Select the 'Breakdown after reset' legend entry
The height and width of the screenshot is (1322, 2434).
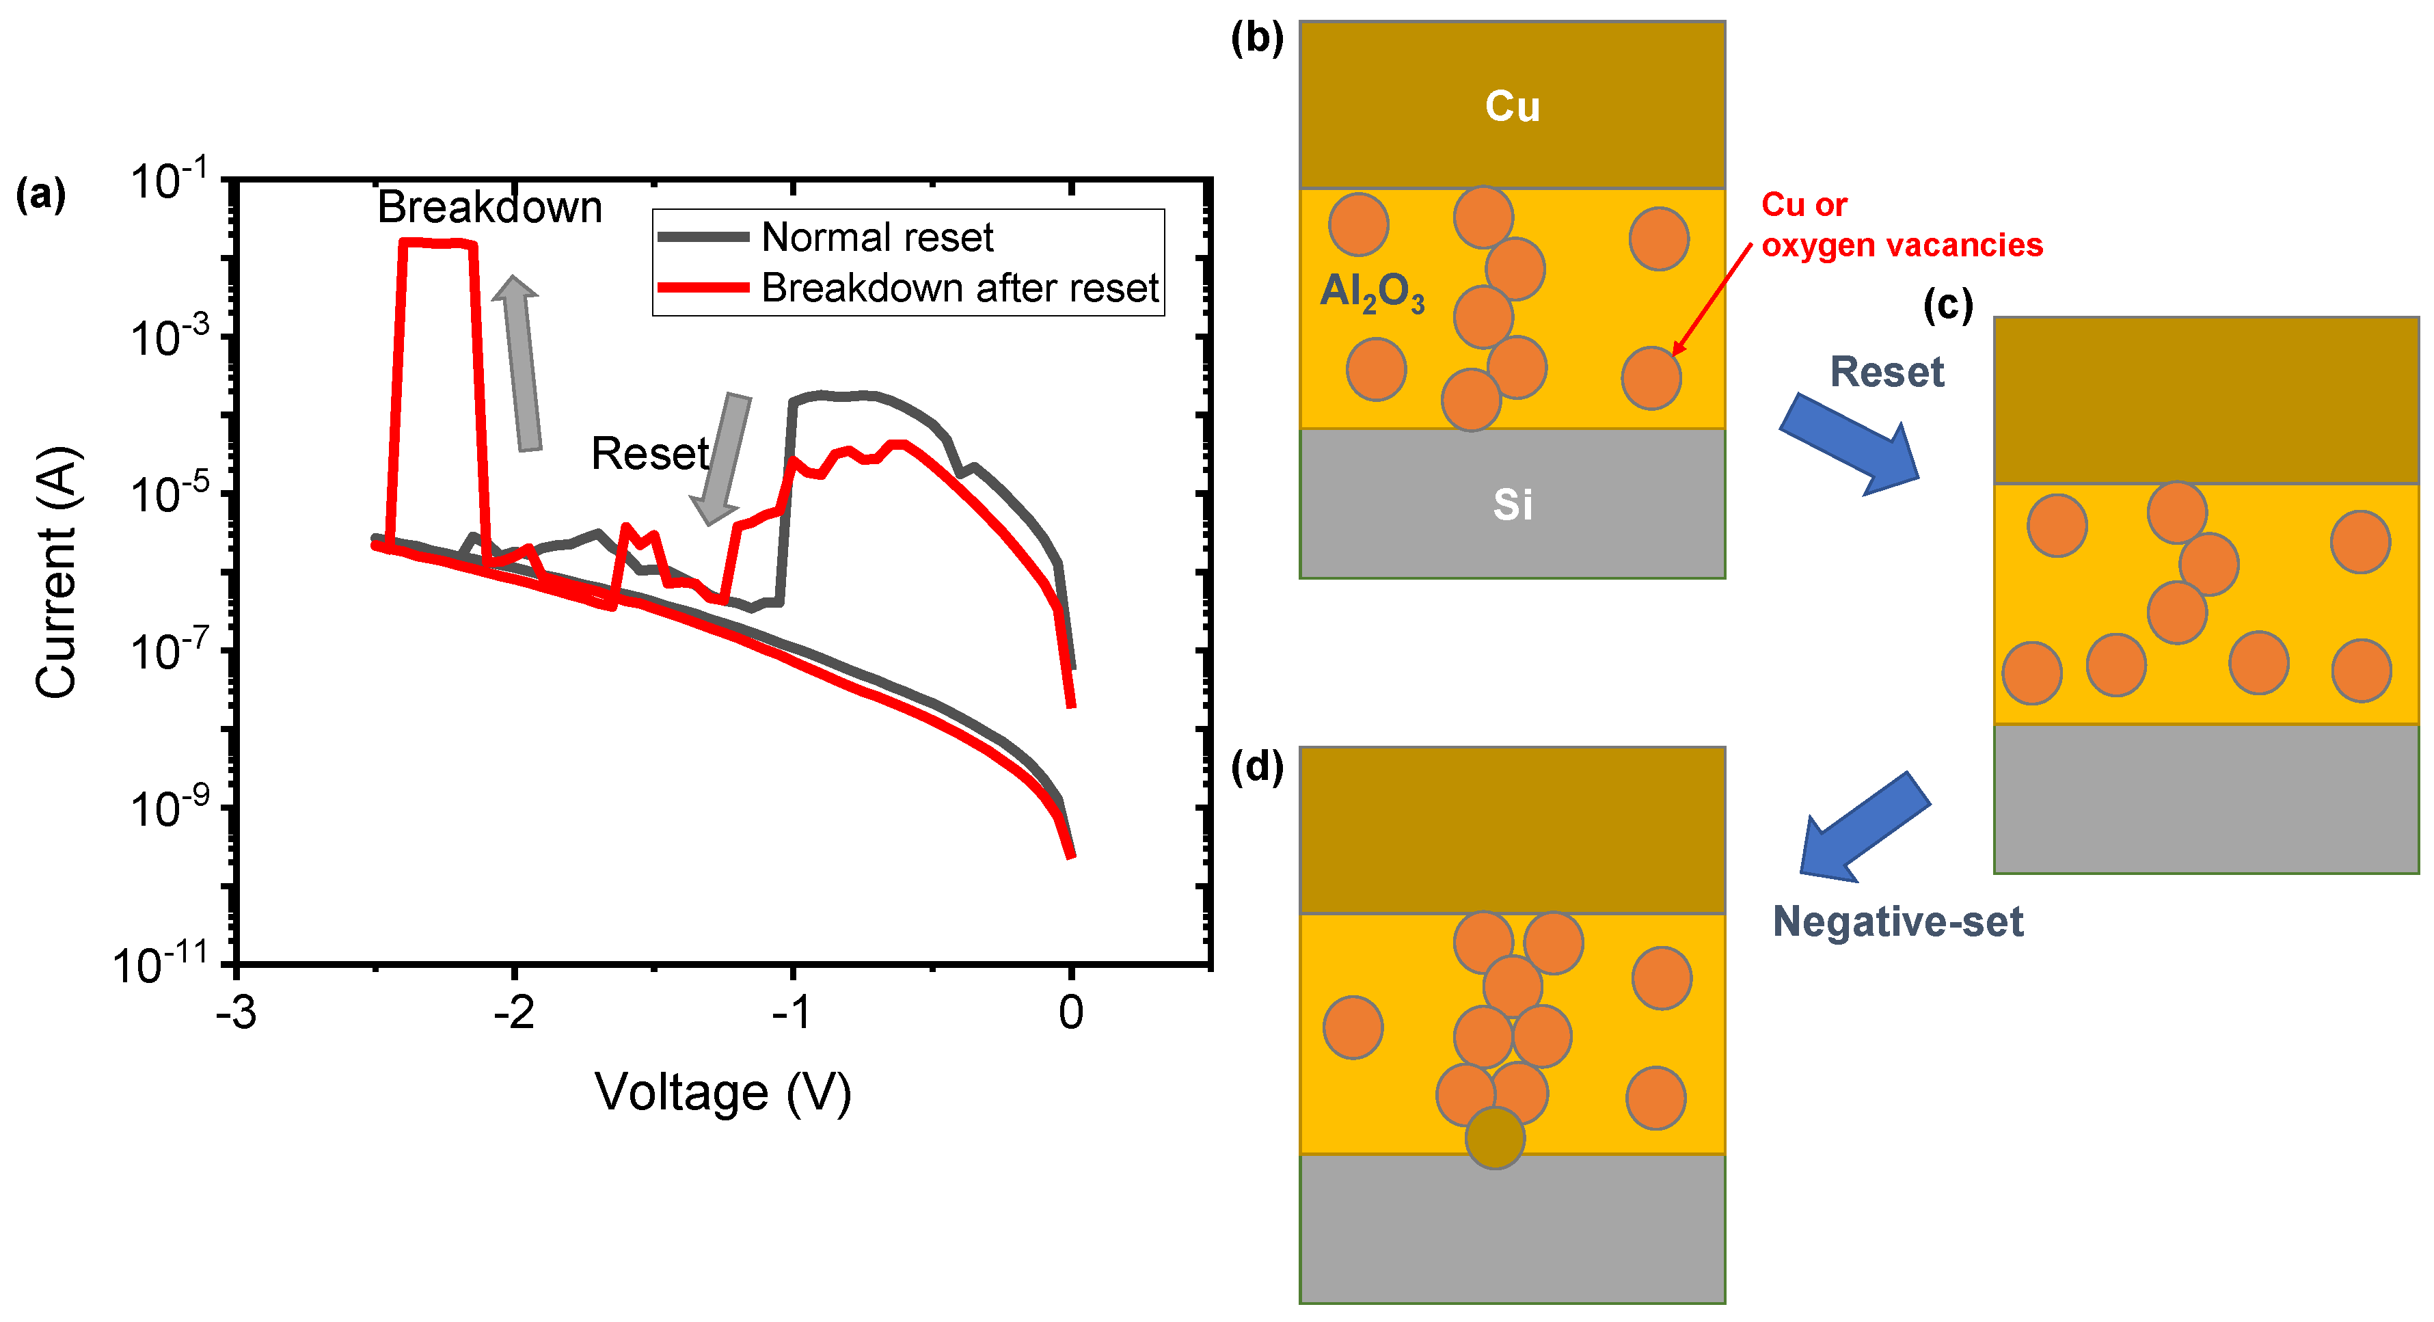[x=959, y=287]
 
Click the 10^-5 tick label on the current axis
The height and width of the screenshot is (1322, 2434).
[x=170, y=492]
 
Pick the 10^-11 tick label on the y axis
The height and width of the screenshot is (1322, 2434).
[x=161, y=964]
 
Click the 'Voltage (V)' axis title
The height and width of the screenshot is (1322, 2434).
[x=723, y=1092]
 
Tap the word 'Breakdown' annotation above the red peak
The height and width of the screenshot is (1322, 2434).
[x=489, y=207]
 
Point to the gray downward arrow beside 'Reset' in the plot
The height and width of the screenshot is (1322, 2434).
[x=724, y=458]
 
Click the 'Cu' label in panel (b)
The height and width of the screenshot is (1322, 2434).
[x=1512, y=106]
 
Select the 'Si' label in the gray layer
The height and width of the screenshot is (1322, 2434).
[x=1512, y=504]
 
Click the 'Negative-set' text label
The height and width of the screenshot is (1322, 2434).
[x=1897, y=921]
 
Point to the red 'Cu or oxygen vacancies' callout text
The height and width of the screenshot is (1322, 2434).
[x=1901, y=225]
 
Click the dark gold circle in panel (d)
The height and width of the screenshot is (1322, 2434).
[x=1495, y=1137]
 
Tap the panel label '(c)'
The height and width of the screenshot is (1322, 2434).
[x=1948, y=306]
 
